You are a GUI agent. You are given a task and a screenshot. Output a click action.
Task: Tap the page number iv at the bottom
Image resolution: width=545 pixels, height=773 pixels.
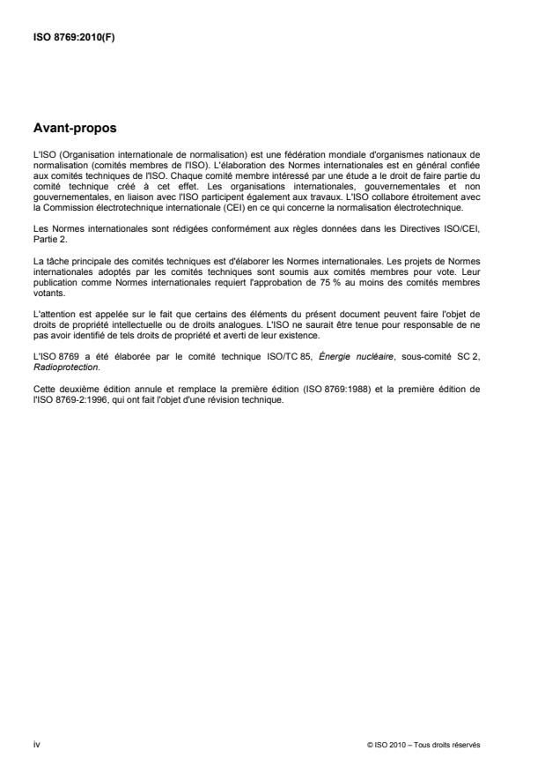[x=35, y=743]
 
